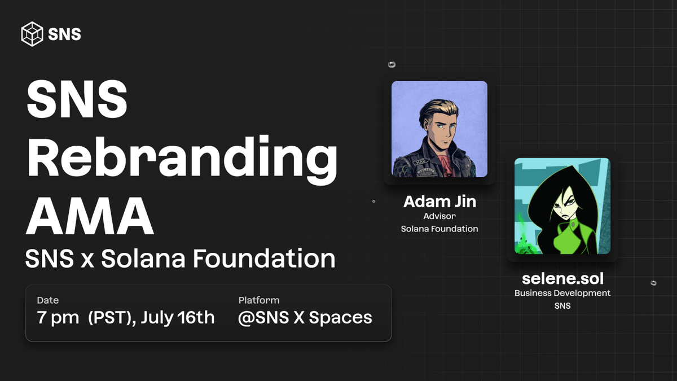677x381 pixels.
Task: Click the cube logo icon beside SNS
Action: [32, 34]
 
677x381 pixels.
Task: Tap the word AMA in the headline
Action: [90, 216]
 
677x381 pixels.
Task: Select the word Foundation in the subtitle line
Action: [264, 259]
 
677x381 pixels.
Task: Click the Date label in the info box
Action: [48, 300]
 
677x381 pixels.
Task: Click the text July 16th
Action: [178, 317]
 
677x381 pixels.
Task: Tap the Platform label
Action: [259, 300]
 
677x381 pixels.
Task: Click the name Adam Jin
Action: [439, 202]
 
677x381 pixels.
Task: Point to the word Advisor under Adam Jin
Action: [439, 216]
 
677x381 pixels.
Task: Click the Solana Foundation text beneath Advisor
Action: [439, 229]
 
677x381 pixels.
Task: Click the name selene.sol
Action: [563, 278]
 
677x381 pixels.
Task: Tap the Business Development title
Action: [562, 294]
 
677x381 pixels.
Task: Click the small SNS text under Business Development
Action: [562, 306]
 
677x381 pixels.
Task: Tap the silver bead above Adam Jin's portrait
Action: [392, 64]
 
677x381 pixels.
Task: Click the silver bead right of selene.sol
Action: [653, 283]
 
